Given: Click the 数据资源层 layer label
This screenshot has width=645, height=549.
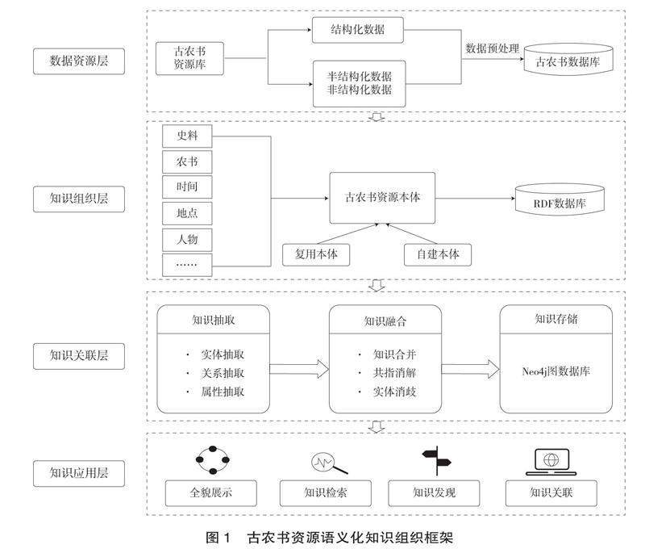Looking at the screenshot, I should (79, 61).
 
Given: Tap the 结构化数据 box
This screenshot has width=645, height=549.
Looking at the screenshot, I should (357, 31).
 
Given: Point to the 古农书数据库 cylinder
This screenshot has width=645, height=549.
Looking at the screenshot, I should (568, 61).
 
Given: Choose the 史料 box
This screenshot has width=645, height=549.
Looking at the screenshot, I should (187, 136).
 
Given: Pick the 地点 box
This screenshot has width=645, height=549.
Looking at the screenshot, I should (187, 213).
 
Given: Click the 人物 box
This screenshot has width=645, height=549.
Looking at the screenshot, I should (187, 239).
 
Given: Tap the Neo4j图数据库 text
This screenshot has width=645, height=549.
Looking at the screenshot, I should (556, 372).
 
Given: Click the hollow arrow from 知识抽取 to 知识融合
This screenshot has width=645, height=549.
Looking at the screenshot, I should (299, 370).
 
